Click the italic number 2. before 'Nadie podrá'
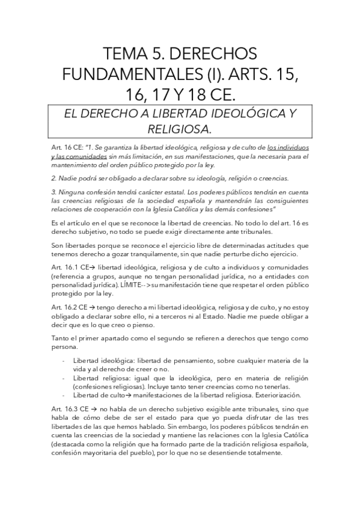tap(55, 178)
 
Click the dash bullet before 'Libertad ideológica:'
tap(64, 361)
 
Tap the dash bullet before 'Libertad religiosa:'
tap(64, 377)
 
